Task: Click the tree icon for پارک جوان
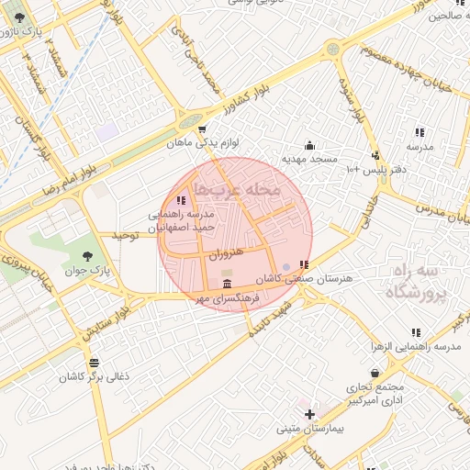pos(87,255)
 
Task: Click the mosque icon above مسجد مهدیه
pos(309,144)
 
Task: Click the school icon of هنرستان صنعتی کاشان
pos(304,264)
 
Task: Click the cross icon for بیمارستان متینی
pos(310,414)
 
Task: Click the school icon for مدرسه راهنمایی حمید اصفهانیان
pos(181,199)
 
